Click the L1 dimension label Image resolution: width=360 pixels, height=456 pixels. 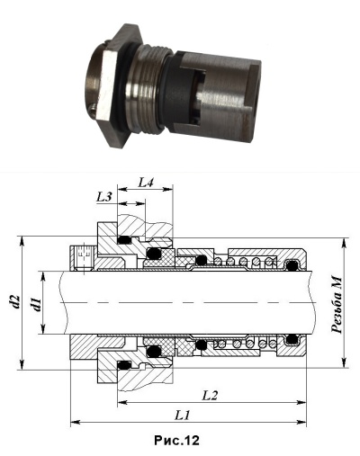pos(183,416)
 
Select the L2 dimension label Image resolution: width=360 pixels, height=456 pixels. pos(209,396)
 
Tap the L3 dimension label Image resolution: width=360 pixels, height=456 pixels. pos(104,197)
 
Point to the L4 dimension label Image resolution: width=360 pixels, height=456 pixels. pos(146,183)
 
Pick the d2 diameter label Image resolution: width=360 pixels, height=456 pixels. pos(15,301)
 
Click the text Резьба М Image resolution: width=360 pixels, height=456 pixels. pos(337,305)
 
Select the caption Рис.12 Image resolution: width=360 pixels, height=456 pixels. pos(176,441)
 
